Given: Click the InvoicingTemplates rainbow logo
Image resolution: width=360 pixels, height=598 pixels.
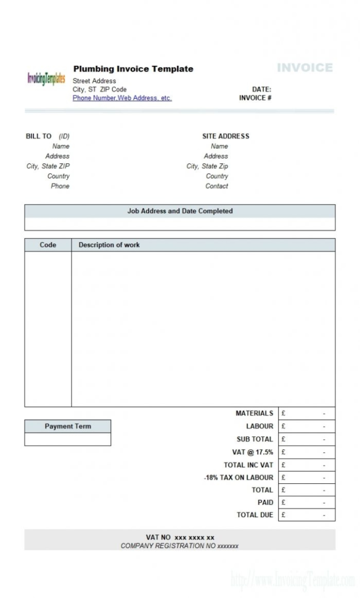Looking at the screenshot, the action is point(46,79).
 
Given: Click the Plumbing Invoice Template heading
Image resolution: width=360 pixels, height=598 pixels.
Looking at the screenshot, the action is point(133,69).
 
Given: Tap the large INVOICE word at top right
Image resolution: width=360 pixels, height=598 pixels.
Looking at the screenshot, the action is point(305,68).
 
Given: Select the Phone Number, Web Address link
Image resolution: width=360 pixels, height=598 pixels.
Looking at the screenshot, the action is point(122,98).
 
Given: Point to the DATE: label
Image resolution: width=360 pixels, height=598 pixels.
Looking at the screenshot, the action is point(261,89).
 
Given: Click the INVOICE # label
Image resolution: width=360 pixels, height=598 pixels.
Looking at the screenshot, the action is point(255,98).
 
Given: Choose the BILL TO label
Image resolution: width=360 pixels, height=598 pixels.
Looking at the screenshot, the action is point(39,136).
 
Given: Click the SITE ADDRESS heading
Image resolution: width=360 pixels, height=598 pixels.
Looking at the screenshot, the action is point(226,136).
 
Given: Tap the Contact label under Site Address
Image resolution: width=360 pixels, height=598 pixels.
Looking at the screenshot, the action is point(216,186).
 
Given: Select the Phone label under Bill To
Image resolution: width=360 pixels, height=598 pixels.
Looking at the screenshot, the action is point(60,186).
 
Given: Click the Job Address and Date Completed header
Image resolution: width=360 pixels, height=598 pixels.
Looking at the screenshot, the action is point(180,211).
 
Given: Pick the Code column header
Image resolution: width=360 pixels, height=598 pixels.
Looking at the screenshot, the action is point(48,245).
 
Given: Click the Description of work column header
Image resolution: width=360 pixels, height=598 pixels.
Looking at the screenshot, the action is point(109,245).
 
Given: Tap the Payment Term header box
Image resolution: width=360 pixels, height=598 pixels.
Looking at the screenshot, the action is point(68,426).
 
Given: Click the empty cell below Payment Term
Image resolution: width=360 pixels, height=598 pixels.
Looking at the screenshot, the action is point(68,439).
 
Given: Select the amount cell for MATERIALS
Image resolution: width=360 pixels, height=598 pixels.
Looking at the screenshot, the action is point(306,414).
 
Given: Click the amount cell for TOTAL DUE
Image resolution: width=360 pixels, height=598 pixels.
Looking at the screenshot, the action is point(306,515).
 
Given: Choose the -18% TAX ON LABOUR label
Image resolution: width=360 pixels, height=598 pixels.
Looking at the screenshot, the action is point(239,477).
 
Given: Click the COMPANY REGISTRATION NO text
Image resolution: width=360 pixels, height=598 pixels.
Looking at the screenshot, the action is point(179,546).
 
